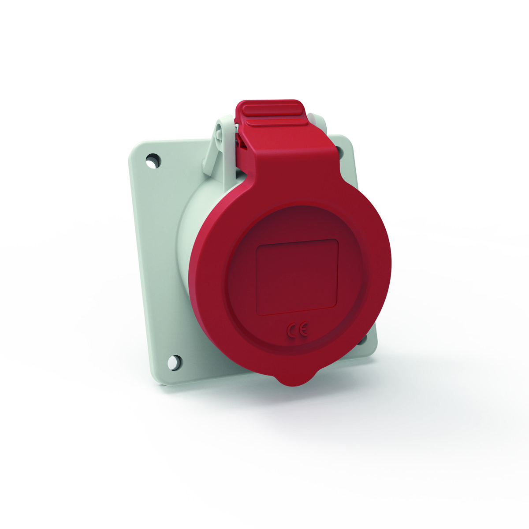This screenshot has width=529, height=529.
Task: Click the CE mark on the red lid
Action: [297, 329]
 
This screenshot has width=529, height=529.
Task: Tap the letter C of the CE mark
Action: [292, 330]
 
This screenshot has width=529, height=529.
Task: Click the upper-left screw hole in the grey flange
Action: [153, 160]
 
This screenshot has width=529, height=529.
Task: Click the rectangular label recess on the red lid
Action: [297, 277]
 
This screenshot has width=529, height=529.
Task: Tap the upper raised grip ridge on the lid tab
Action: [274, 110]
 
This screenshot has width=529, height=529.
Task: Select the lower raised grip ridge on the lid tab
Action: [277, 123]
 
